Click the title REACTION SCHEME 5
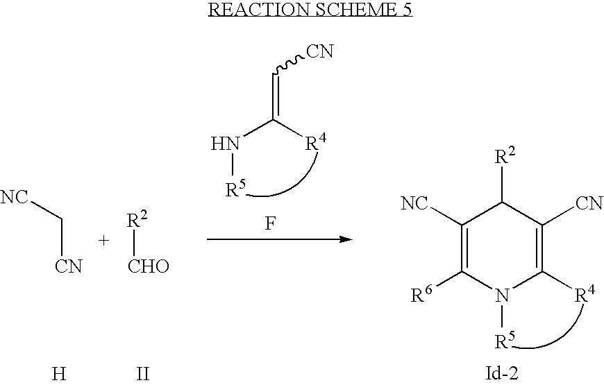pyautogui.click(x=310, y=10)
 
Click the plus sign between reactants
pyautogui.click(x=103, y=241)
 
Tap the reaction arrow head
pyautogui.click(x=346, y=239)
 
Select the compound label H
pyautogui.click(x=58, y=373)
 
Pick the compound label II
pyautogui.click(x=143, y=373)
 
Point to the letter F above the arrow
pyautogui.click(x=271, y=223)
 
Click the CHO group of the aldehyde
pyautogui.click(x=149, y=266)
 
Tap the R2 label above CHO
pyautogui.click(x=137, y=219)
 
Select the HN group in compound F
pyautogui.click(x=226, y=144)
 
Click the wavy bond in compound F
pyautogui.click(x=289, y=65)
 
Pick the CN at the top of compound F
pyautogui.click(x=320, y=51)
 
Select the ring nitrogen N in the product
pyautogui.click(x=502, y=296)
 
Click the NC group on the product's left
pyautogui.click(x=414, y=203)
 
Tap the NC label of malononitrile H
pyautogui.click(x=15, y=197)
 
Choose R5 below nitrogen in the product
pyautogui.click(x=505, y=340)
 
